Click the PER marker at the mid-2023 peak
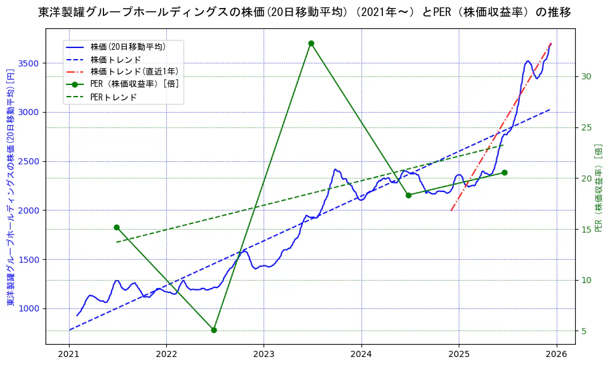pyautogui.click(x=311, y=43)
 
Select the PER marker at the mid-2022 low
pyautogui.click(x=214, y=330)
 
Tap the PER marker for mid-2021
pyautogui.click(x=116, y=227)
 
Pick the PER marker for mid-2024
pyautogui.click(x=408, y=195)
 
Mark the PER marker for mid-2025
pyautogui.click(x=504, y=172)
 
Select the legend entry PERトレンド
pyautogui.click(x=113, y=97)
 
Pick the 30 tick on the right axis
pyautogui.click(x=586, y=76)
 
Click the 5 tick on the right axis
pyautogui.click(x=583, y=331)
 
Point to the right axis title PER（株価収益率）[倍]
pyautogui.click(x=598, y=188)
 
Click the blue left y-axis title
pyautogui.click(x=10, y=188)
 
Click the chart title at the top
pyautogui.click(x=304, y=12)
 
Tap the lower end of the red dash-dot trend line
pyautogui.click(x=451, y=211)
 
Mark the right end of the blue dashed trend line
pyautogui.click(x=550, y=110)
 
